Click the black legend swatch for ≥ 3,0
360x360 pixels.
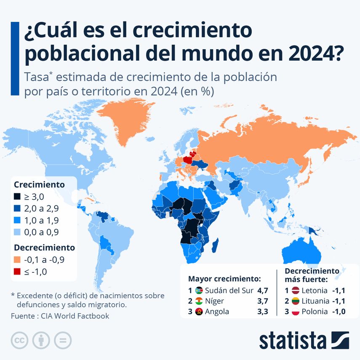(x=17, y=196)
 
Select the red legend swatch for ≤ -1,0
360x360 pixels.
(x=17, y=272)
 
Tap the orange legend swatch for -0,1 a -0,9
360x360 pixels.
(x=17, y=260)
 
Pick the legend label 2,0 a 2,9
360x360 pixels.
(x=41, y=208)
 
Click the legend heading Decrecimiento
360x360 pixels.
(x=44, y=247)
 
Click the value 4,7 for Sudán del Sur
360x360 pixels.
(x=262, y=290)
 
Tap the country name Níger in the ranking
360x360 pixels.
(x=215, y=301)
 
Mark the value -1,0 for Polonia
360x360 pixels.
(x=339, y=312)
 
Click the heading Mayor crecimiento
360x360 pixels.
(x=224, y=278)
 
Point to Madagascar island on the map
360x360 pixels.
(x=216, y=245)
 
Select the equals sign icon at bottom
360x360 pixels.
(x=63, y=340)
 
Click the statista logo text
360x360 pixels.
(x=293, y=340)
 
